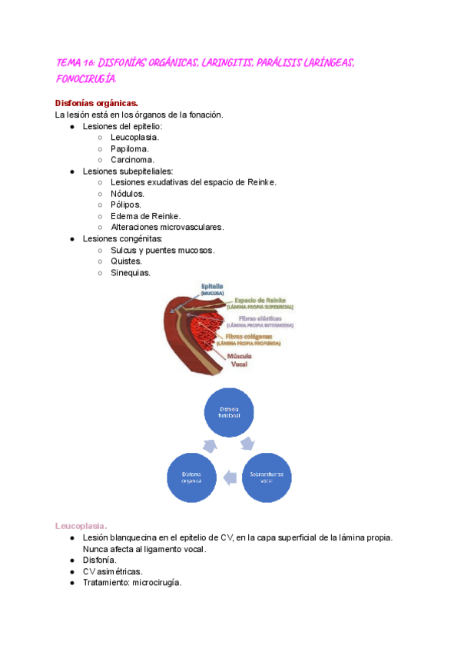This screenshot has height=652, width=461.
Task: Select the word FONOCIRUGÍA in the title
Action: click(x=87, y=78)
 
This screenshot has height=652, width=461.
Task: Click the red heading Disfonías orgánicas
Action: click(x=97, y=103)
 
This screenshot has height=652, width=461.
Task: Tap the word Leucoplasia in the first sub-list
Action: click(x=134, y=138)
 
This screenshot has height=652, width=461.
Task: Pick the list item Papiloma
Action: click(x=130, y=149)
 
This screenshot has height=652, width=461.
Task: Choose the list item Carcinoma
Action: click(x=132, y=160)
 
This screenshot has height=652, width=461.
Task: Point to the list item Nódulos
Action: click(x=128, y=194)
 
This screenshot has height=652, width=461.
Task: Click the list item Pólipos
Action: click(x=126, y=205)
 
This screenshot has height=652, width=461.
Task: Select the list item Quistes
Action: click(x=126, y=261)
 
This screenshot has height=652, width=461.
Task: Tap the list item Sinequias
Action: click(x=131, y=273)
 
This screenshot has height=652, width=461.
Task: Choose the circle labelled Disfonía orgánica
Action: click(x=192, y=477)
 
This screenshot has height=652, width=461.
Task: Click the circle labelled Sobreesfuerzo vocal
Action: click(x=267, y=477)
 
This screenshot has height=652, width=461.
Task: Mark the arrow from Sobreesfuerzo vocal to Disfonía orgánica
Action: click(x=230, y=478)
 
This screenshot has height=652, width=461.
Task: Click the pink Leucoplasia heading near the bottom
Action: click(x=81, y=525)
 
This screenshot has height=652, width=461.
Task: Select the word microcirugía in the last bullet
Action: click(x=158, y=583)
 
